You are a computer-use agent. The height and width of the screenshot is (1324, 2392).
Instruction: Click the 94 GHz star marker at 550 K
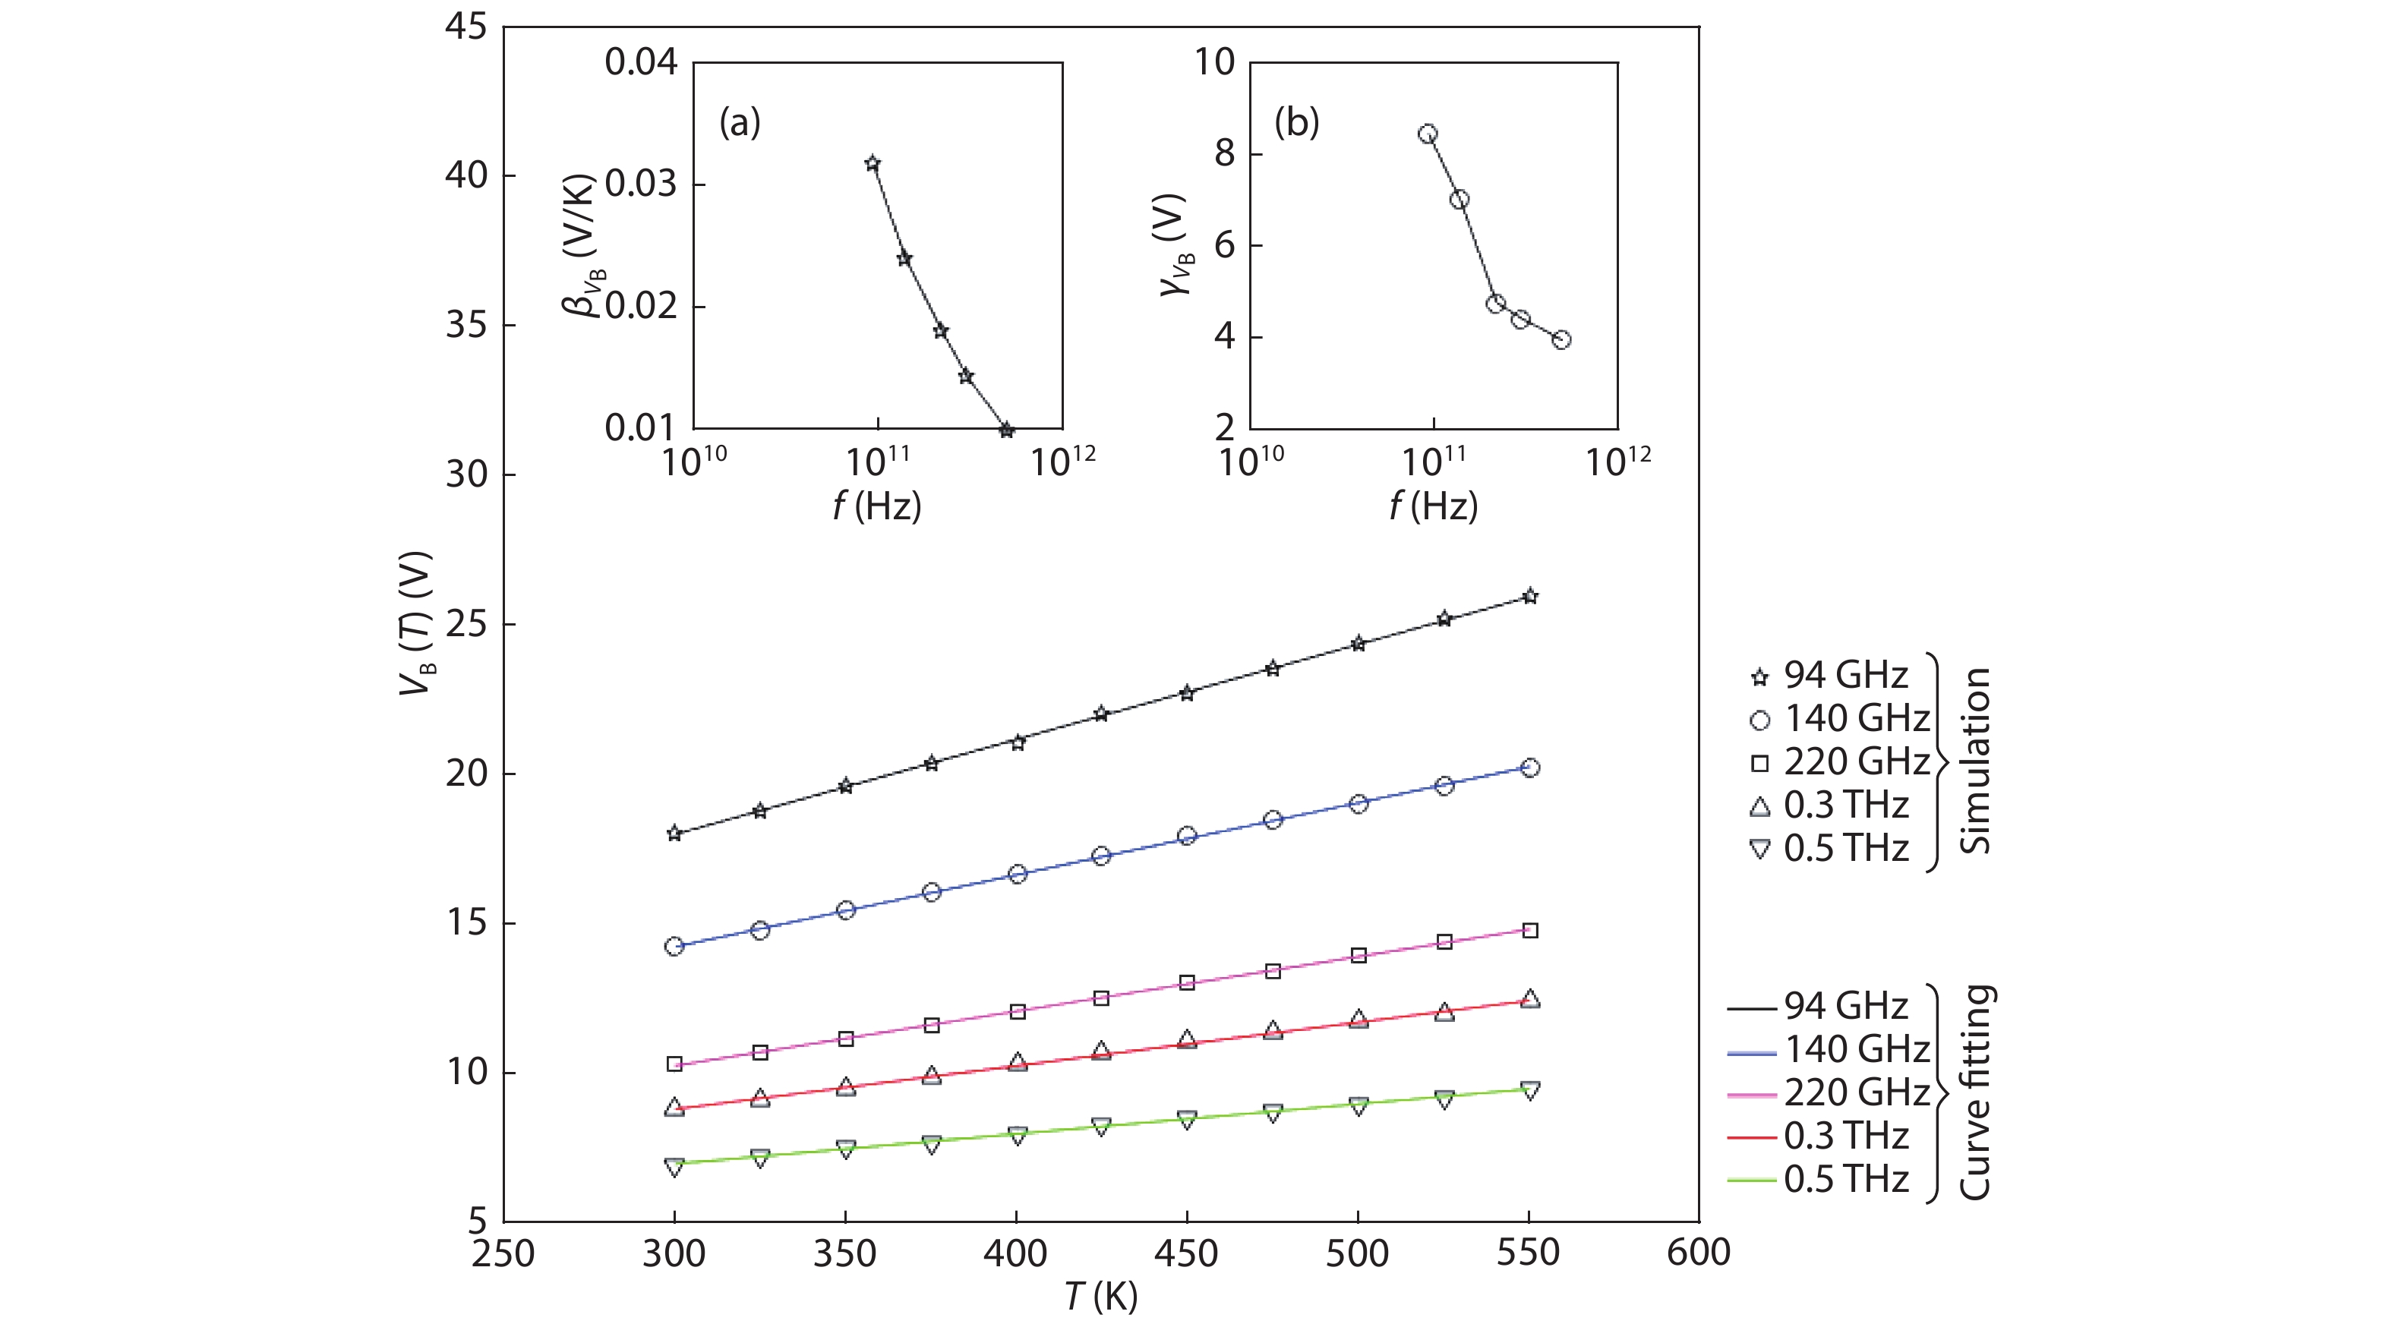pos(1530,596)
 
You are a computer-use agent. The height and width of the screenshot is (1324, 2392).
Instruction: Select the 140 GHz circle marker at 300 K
pos(674,946)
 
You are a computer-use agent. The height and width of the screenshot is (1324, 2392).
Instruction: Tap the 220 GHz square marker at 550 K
pos(1530,930)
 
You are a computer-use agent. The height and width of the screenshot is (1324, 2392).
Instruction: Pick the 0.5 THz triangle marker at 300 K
pos(674,1166)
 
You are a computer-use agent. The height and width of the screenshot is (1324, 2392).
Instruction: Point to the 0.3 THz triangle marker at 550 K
pos(1530,999)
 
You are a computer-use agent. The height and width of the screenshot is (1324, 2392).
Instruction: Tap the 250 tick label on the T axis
pos(503,1253)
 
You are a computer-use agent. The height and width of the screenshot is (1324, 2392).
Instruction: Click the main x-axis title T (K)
pos(1101,1296)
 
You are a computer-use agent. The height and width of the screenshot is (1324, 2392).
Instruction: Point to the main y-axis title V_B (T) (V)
pos(417,624)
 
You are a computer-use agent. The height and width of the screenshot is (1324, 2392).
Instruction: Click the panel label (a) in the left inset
pos(740,121)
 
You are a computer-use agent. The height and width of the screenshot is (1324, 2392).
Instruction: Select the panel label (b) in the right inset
pos(1296,121)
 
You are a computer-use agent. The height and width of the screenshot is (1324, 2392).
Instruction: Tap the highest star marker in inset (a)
pos(872,163)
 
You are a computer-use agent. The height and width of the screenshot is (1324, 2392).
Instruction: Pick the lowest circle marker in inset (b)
pos(1561,340)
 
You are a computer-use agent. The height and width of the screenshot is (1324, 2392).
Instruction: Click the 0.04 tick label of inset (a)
pos(641,62)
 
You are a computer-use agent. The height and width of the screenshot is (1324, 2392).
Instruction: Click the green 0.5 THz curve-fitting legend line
pos(1751,1180)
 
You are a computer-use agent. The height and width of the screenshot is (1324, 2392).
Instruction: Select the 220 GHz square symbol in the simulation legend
pos(1759,763)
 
